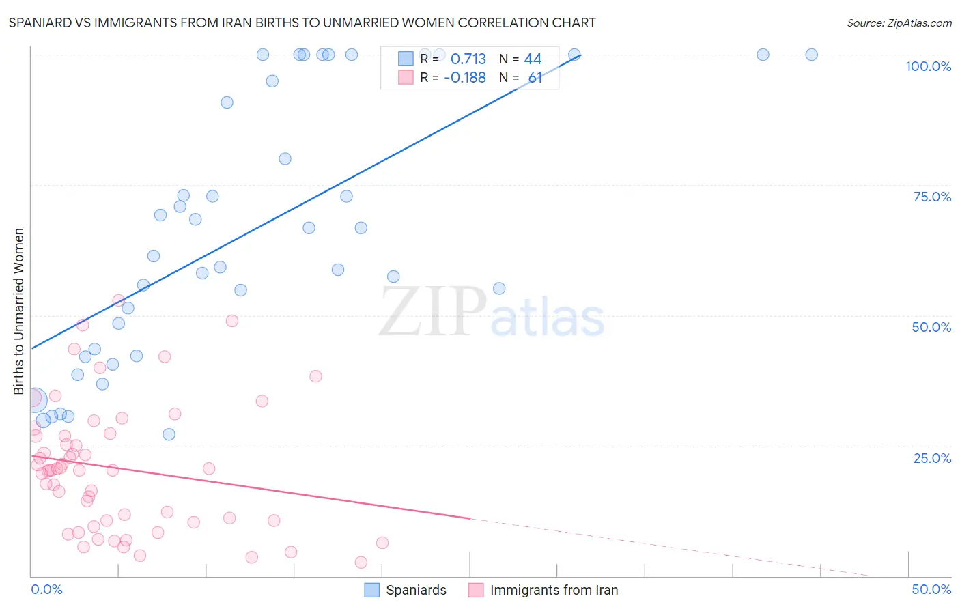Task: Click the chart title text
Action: tap(302, 23)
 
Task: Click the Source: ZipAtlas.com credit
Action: tap(899, 23)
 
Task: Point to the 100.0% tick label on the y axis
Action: tap(928, 66)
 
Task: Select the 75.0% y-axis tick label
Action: tap(932, 197)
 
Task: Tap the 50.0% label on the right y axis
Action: tap(931, 327)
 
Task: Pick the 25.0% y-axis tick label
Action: tap(932, 457)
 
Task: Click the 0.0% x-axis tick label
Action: tap(46, 589)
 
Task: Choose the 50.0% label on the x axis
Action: tap(931, 589)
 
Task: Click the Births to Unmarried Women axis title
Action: tap(18, 311)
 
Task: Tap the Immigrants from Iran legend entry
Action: tap(543, 590)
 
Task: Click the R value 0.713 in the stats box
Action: tap(468, 59)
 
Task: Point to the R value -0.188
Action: tap(464, 78)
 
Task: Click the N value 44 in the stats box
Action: tap(533, 59)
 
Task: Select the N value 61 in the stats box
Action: tap(535, 78)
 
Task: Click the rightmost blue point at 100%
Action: tap(811, 55)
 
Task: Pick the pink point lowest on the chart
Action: tap(361, 562)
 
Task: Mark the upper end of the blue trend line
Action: tap(581, 54)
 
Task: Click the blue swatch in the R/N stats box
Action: tap(406, 59)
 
